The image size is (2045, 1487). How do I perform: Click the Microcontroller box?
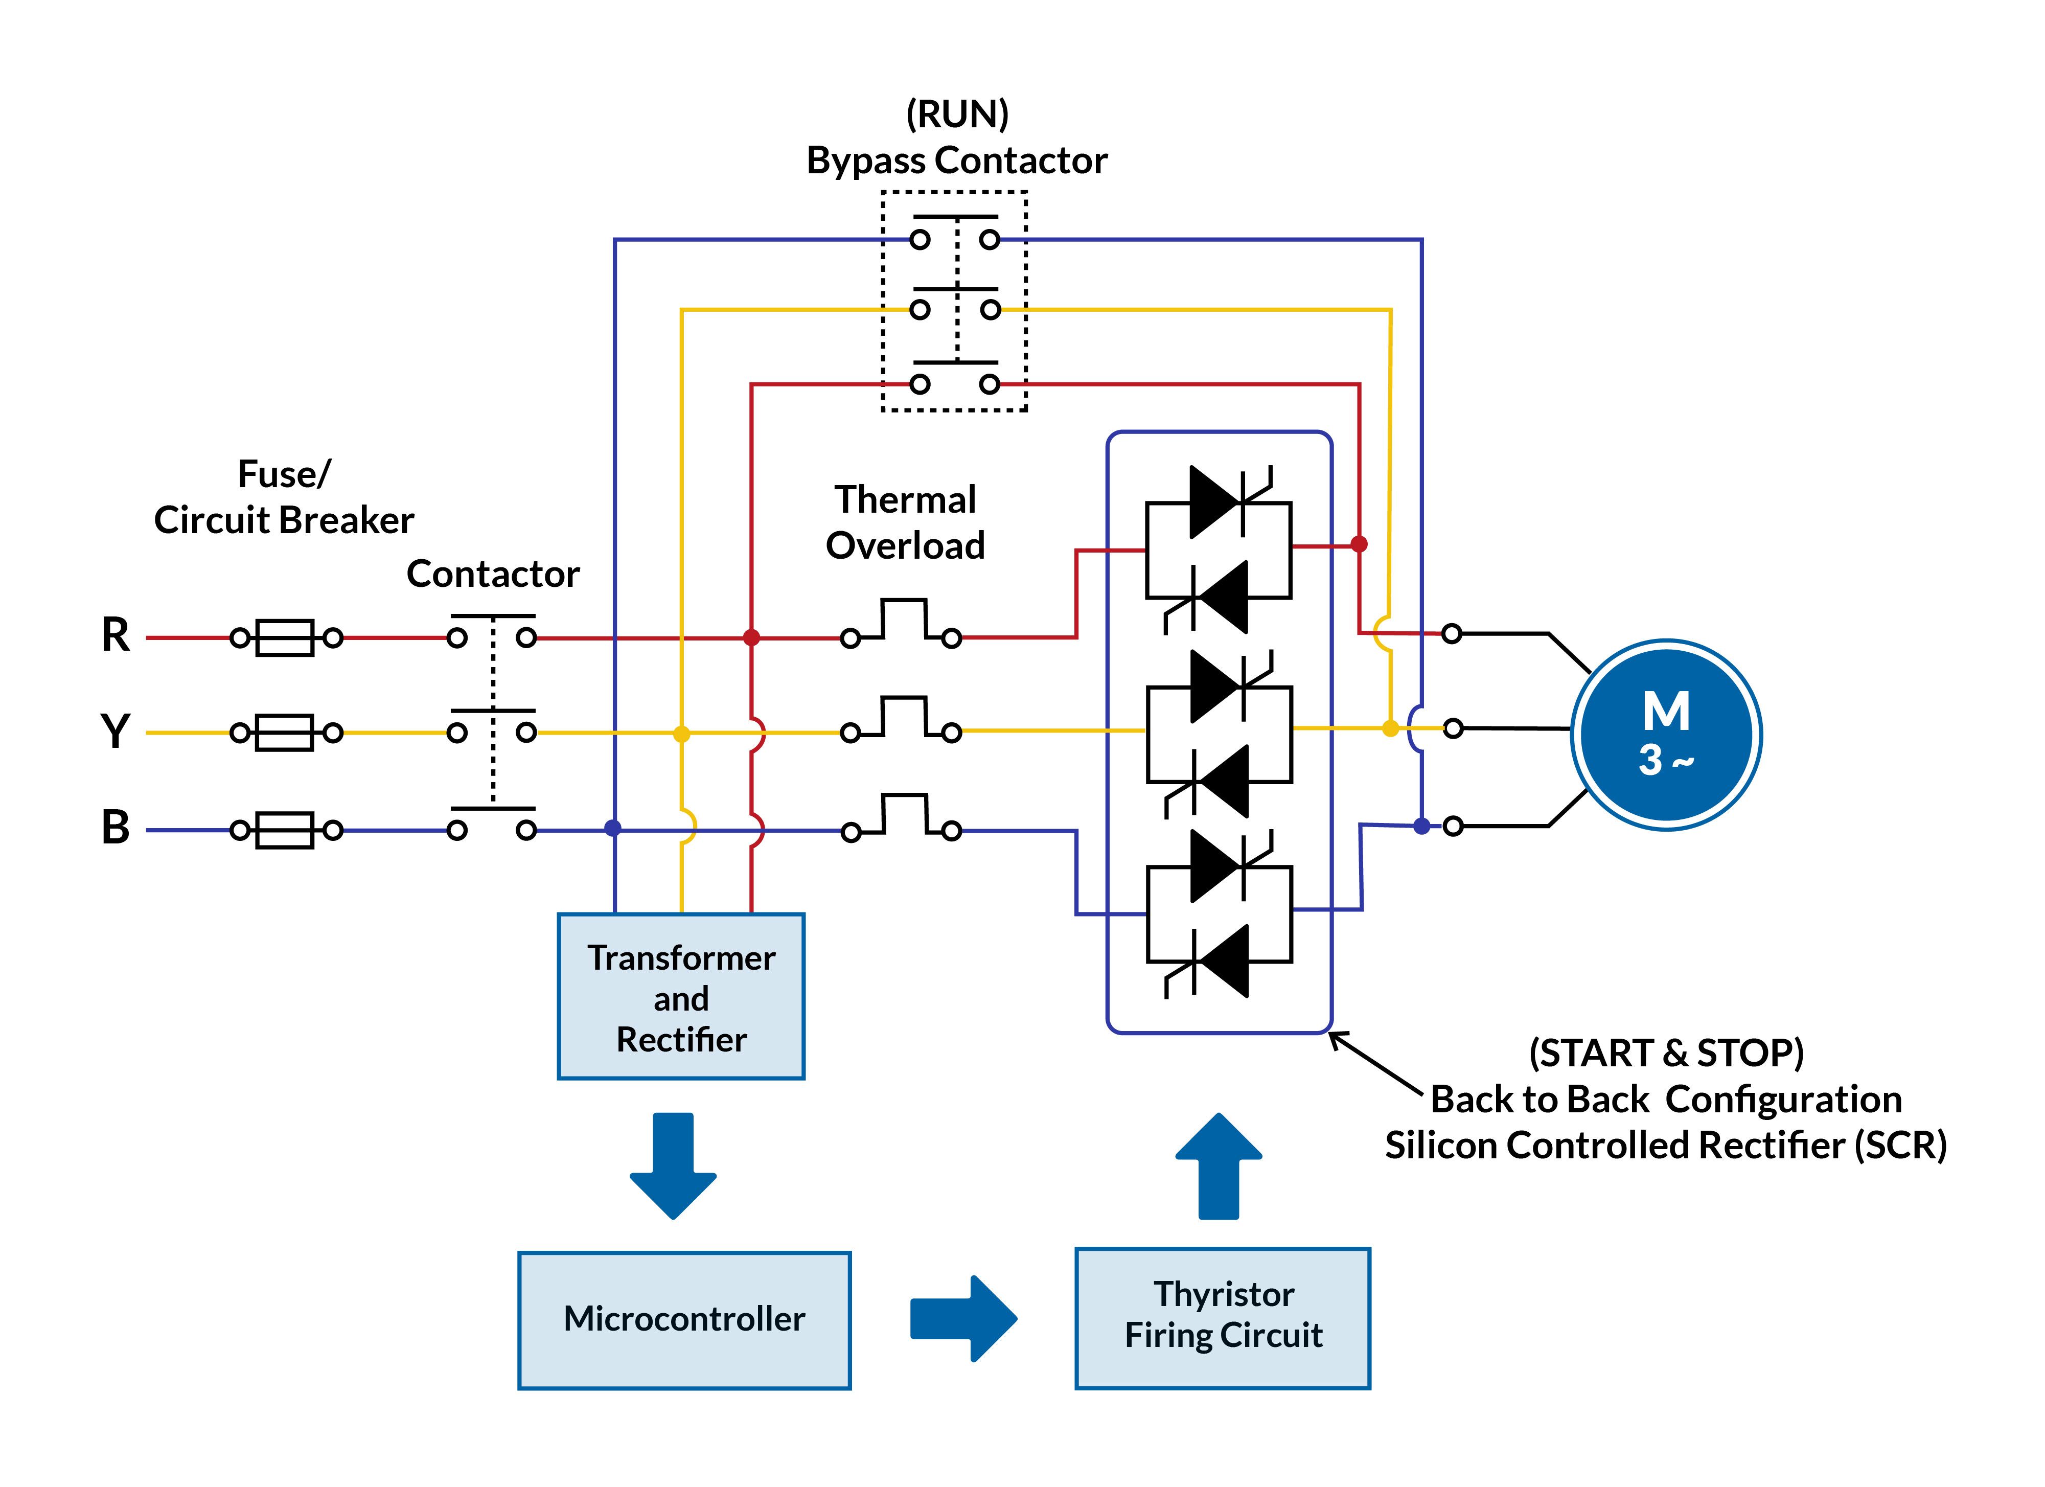pos(683,1319)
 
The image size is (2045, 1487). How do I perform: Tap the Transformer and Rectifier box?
pos(681,996)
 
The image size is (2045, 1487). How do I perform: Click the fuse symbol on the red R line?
pos(285,637)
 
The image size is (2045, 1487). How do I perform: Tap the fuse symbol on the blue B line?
pos(285,830)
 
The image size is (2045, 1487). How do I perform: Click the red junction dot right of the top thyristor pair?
pos(1359,544)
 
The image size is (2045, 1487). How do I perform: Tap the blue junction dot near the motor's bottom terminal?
pos(1421,825)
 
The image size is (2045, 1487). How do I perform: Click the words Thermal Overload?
pos(905,522)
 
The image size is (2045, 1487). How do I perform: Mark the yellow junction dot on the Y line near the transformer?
pos(682,734)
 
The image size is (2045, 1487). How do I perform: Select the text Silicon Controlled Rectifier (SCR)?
pos(1665,1145)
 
